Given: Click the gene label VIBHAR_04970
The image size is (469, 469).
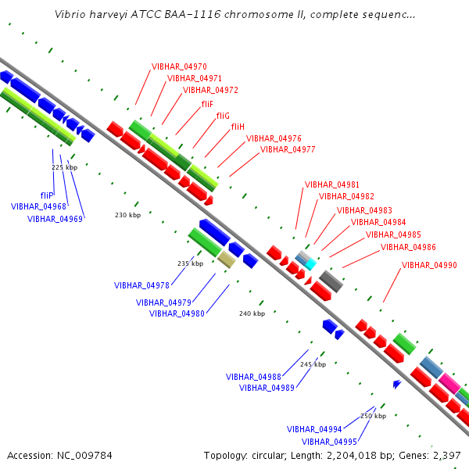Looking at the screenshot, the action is [x=179, y=66].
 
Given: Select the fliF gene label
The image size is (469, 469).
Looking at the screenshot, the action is [x=207, y=104].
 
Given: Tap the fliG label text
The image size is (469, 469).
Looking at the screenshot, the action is [x=223, y=116].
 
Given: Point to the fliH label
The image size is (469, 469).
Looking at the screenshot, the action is [x=238, y=127].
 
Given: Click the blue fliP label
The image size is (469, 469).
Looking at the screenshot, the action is [x=47, y=195].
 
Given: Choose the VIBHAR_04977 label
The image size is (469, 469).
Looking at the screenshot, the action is [x=288, y=149].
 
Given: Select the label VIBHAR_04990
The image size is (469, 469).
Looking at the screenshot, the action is [x=429, y=265].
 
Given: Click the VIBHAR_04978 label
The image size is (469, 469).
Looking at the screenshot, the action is [x=141, y=285].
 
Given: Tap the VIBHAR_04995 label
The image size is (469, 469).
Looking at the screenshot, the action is [x=329, y=442].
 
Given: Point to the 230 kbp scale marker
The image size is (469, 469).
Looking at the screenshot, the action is [x=127, y=215].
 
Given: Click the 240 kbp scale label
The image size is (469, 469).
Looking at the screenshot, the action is [x=252, y=313].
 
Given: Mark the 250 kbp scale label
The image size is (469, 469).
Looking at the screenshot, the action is [x=373, y=416].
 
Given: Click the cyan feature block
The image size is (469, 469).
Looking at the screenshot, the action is [x=310, y=264].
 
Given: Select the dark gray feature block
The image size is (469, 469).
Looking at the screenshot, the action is [x=331, y=281].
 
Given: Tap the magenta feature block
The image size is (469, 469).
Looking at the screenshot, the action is [x=450, y=384].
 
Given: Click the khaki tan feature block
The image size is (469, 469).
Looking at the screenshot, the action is [x=227, y=260].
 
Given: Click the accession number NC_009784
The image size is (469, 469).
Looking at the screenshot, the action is [x=84, y=456].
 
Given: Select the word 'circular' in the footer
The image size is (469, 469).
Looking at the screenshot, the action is [x=269, y=456].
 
